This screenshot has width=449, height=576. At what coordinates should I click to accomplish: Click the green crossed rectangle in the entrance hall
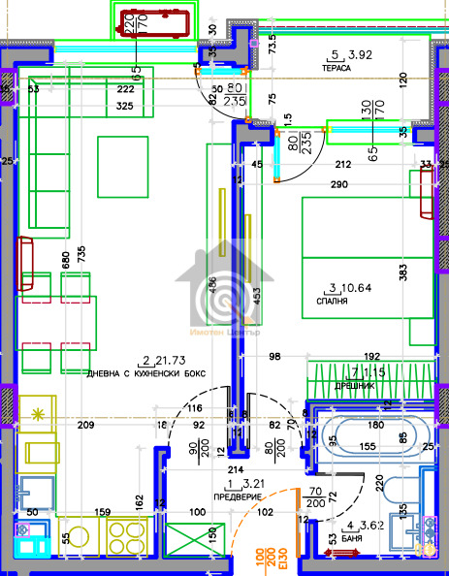pos(187,540)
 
